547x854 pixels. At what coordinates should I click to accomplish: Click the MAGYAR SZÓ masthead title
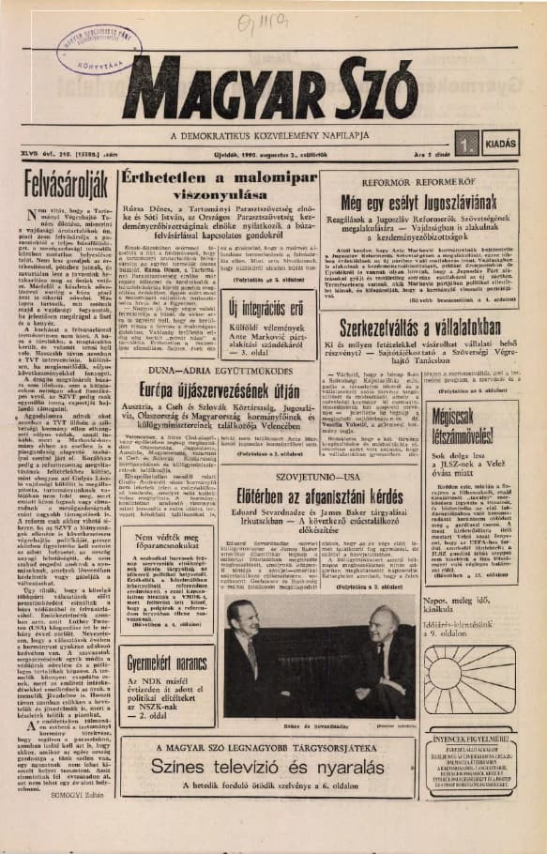[x=273, y=88]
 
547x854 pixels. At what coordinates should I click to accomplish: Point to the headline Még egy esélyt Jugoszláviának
[x=438, y=204]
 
